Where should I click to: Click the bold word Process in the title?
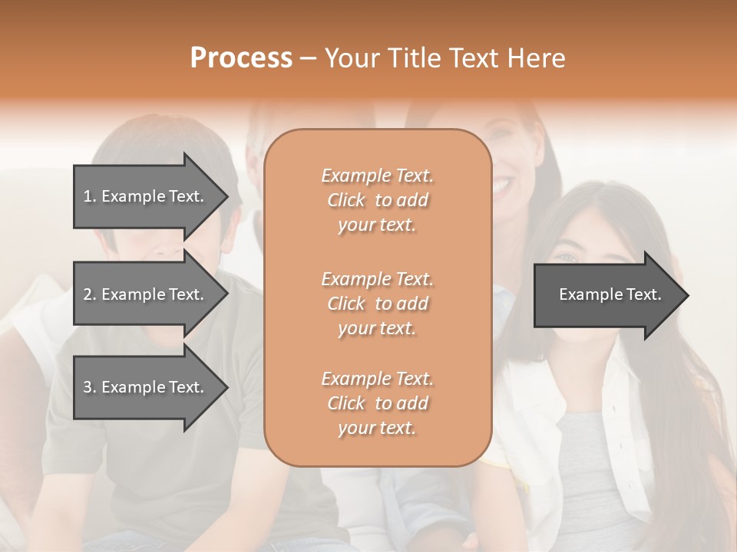click(x=241, y=58)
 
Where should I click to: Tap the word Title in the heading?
click(x=415, y=58)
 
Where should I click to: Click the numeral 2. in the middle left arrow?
click(x=90, y=294)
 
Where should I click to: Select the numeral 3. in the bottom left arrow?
click(x=90, y=387)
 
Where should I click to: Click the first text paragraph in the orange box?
click(x=377, y=200)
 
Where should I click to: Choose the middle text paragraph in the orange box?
click(x=377, y=304)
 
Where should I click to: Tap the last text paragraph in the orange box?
click(x=377, y=403)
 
